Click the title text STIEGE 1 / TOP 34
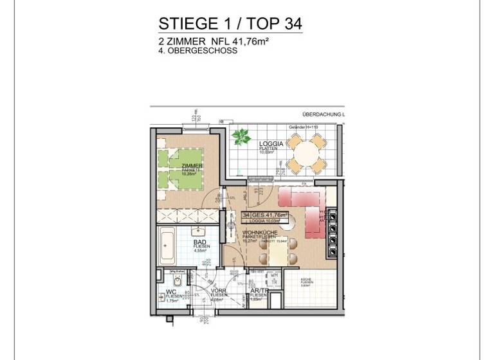[230, 24]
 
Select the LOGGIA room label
[271, 144]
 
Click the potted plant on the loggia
[242, 136]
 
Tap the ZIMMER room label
[192, 166]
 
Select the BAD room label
[200, 242]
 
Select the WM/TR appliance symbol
[274, 278]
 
